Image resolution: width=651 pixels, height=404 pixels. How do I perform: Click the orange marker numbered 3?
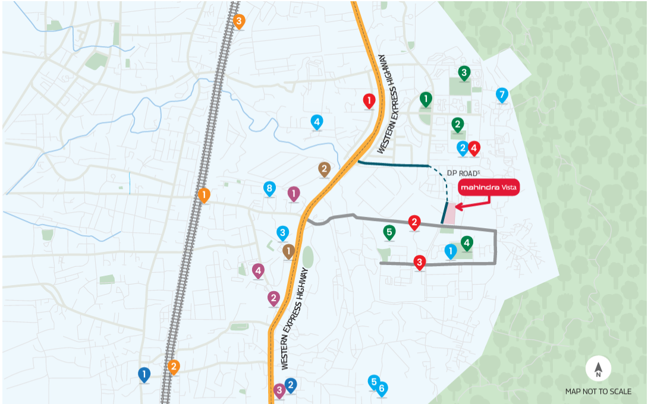coord(239,22)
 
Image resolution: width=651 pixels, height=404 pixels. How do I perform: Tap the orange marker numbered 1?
coord(204,195)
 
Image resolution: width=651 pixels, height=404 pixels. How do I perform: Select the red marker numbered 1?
coord(369,101)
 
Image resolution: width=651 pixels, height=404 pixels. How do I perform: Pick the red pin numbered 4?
coord(474,147)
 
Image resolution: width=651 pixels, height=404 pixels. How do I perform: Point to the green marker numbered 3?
coord(464,73)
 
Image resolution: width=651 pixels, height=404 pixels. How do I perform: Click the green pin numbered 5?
coord(389,232)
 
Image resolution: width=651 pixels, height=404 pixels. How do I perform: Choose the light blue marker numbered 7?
coord(502,94)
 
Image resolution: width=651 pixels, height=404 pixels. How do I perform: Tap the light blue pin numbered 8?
coord(270,189)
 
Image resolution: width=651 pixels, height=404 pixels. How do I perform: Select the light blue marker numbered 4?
coord(317,122)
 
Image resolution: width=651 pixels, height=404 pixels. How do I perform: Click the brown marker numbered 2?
coord(324,169)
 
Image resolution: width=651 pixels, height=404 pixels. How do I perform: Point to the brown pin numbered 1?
coord(289,251)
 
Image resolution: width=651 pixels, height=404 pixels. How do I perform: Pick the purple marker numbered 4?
coord(258,271)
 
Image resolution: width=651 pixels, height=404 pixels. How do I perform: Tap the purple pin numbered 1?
coord(294,194)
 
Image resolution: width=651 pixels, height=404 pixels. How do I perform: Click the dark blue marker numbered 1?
coord(144,374)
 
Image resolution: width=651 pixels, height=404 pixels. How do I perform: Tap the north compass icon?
coord(598,370)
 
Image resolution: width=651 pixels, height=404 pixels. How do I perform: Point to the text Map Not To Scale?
coord(598,392)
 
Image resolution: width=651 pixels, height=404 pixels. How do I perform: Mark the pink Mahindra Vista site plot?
coord(451,213)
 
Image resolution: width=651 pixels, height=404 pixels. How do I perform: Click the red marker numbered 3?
coord(420,262)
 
